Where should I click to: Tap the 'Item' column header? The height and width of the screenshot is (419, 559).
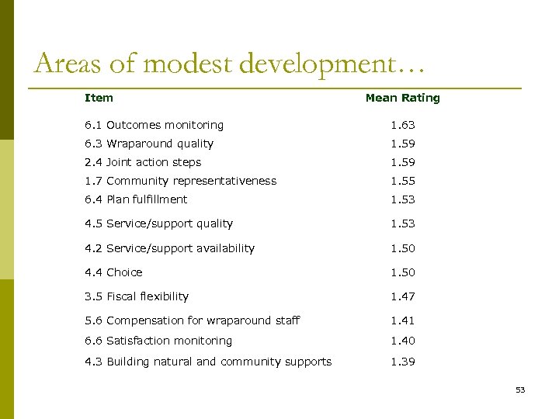point(99,98)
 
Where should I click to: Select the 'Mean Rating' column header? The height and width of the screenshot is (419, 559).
point(402,98)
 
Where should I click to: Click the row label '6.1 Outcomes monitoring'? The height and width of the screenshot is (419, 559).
point(154,125)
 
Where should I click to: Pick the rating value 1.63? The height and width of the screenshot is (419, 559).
point(402,125)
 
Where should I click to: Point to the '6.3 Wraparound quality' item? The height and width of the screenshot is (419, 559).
point(149,144)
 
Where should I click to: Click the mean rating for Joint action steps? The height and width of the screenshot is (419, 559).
point(402,162)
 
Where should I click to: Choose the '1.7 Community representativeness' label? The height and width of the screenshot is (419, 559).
point(180,181)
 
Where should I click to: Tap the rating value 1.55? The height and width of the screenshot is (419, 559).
point(402,181)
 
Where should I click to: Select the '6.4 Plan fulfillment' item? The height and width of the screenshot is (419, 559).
point(136,199)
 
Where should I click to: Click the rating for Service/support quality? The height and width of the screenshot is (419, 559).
point(402,223)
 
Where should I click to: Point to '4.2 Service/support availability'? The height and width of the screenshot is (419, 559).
point(169,248)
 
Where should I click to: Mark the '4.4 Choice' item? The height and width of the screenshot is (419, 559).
point(113,272)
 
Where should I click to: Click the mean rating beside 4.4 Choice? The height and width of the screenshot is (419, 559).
point(402,272)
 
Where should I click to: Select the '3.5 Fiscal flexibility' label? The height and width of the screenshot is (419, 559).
point(137,296)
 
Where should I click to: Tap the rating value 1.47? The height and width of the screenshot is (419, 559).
point(402,296)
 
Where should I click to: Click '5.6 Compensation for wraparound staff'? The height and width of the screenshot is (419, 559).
point(192,320)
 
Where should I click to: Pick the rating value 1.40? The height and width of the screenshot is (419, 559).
point(402,341)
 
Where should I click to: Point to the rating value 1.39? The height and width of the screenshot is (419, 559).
point(402,362)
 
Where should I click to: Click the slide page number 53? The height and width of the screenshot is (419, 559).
point(520,390)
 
